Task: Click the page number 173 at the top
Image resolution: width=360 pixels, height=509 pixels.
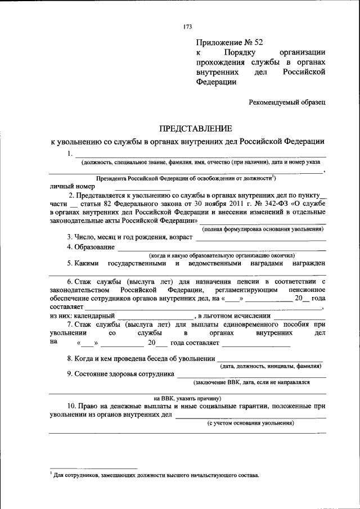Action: point(188,27)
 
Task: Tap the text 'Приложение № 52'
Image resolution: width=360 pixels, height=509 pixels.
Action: point(229,42)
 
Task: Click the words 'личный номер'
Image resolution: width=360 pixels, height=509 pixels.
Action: point(72,186)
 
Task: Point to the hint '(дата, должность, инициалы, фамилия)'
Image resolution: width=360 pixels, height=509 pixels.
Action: point(272,366)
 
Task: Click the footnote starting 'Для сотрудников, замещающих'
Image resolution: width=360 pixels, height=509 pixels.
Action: point(155,475)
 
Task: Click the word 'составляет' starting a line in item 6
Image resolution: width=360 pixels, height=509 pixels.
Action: point(66,307)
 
